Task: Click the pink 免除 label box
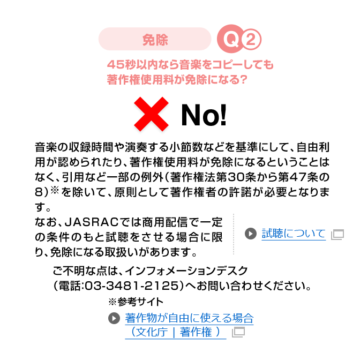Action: point(155,39)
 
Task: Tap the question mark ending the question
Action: point(243,80)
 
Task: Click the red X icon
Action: point(152,116)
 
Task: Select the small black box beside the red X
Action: point(204,115)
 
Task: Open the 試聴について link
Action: point(293,234)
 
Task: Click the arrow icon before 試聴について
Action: point(251,234)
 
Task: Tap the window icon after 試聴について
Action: point(337,235)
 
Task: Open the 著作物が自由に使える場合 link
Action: point(189,319)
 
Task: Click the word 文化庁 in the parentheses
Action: point(151,332)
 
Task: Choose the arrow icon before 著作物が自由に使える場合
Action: point(114,319)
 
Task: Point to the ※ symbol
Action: point(112,301)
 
